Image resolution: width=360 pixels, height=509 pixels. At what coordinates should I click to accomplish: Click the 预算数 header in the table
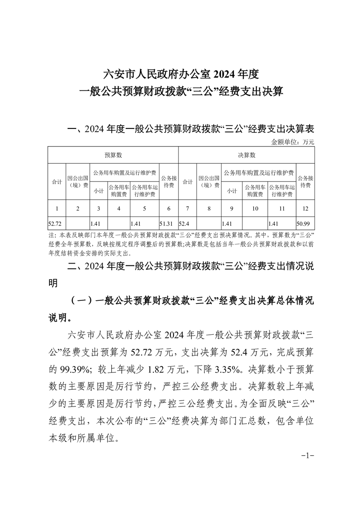[x=113, y=155]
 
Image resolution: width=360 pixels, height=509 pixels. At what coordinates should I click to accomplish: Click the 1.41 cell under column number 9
[x=227, y=223]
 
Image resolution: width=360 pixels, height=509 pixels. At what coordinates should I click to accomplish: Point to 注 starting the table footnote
[x=51, y=236]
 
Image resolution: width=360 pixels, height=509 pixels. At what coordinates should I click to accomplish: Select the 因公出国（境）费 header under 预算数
[x=78, y=181]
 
